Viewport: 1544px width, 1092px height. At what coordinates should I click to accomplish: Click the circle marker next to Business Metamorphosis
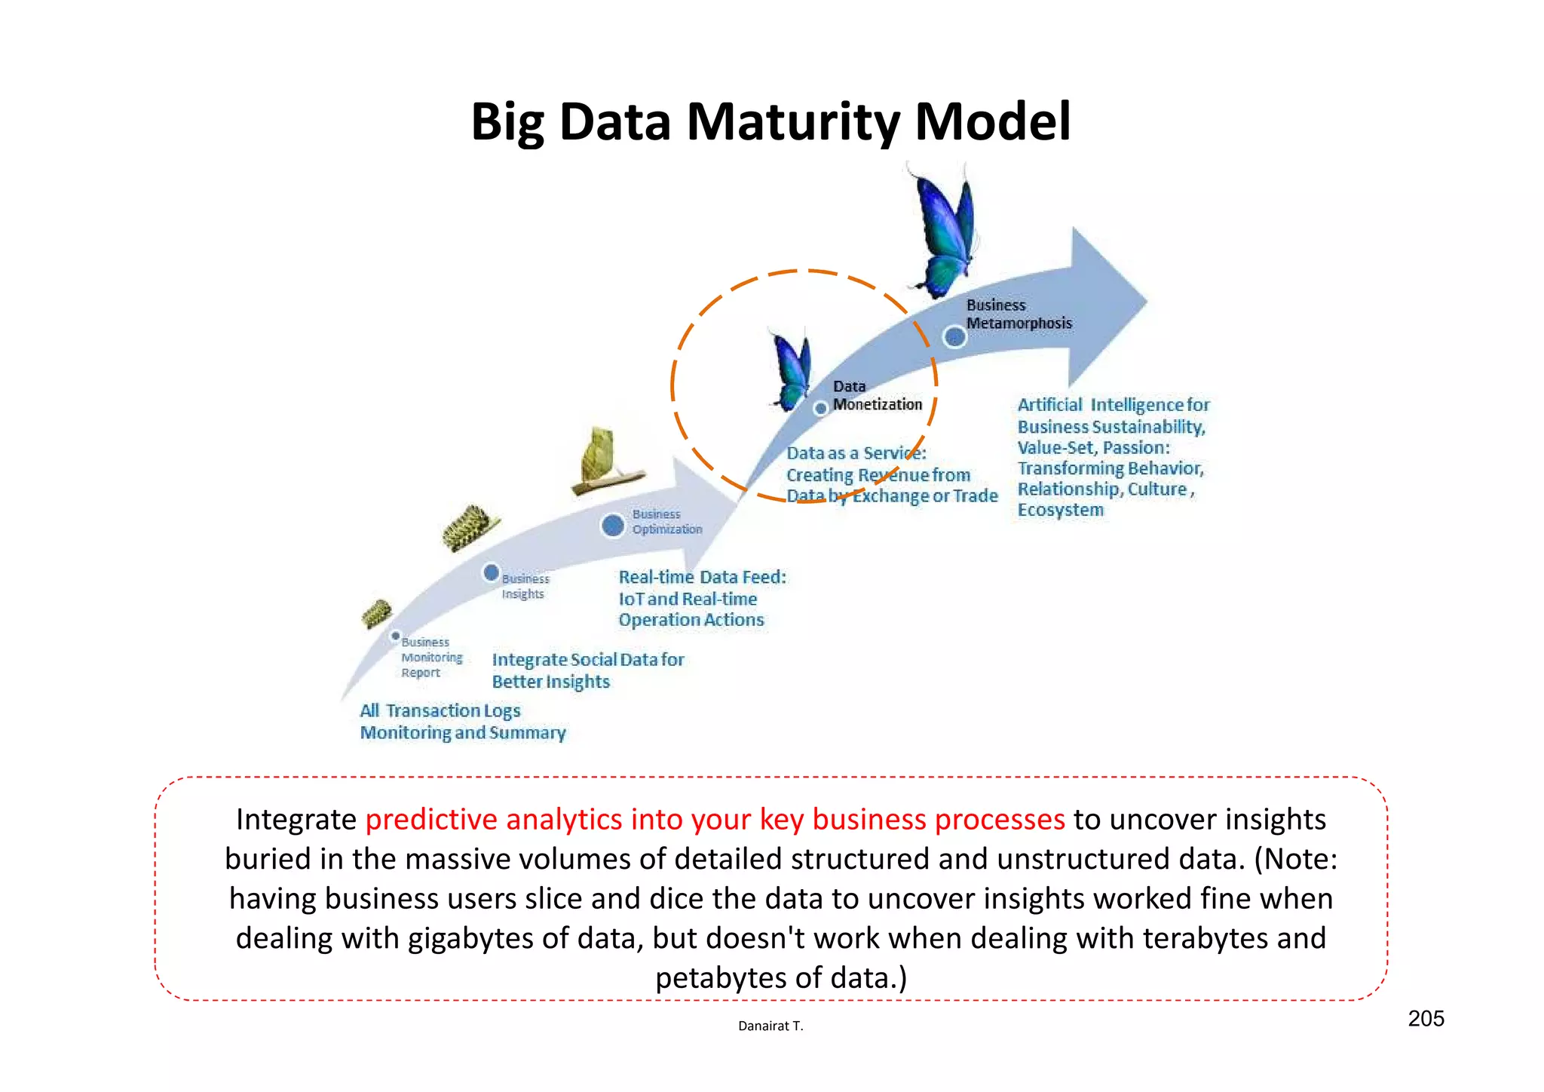954,337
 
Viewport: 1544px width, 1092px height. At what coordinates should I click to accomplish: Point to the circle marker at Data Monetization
821,409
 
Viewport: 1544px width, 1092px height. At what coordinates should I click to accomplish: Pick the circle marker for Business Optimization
613,525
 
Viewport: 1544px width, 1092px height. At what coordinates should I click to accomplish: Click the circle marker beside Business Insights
491,573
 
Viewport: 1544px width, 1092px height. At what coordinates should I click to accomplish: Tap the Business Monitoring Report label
431,658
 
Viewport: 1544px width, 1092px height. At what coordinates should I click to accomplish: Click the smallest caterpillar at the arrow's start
376,614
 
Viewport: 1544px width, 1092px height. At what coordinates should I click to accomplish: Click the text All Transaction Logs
440,711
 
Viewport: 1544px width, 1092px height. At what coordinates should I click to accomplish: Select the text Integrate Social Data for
587,660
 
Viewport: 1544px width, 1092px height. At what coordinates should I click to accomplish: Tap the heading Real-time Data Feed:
702,578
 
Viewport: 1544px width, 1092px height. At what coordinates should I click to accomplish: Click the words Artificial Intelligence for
1113,405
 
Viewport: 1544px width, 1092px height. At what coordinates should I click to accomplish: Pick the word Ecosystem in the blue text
1060,511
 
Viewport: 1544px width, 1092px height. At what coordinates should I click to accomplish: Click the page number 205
1426,1019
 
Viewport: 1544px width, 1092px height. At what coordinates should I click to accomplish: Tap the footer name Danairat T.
770,1026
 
